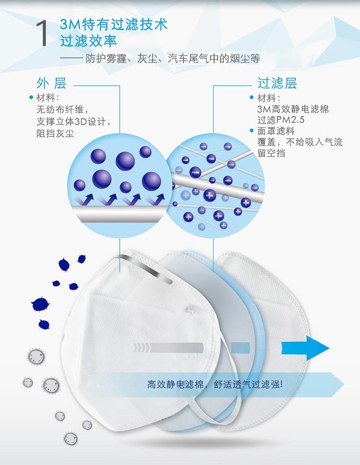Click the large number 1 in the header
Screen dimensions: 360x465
(x=42, y=34)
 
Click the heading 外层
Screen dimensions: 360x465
(x=51, y=83)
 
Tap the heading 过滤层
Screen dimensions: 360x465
(x=277, y=83)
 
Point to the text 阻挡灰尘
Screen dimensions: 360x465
(x=55, y=134)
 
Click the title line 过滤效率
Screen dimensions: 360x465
(x=88, y=41)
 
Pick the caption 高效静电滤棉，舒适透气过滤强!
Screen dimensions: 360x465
(x=215, y=385)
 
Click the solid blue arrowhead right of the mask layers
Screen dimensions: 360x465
(x=305, y=348)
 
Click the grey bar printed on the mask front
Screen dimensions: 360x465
(x=169, y=347)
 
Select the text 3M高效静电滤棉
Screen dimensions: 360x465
(x=293, y=109)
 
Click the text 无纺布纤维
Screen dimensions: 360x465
(x=60, y=110)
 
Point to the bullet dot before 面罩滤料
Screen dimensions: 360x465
(x=252, y=130)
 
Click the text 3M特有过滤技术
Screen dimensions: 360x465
(x=114, y=24)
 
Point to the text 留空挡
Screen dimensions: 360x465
(x=271, y=153)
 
